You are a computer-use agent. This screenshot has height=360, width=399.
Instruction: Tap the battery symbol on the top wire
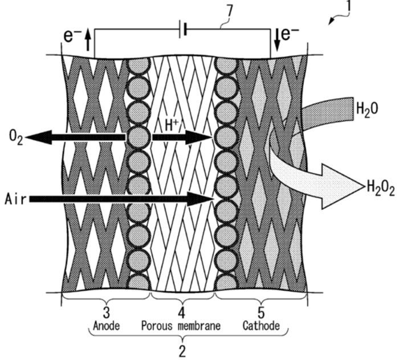pyautogui.click(x=183, y=30)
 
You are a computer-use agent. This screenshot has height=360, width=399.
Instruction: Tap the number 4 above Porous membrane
pyautogui.click(x=181, y=313)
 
